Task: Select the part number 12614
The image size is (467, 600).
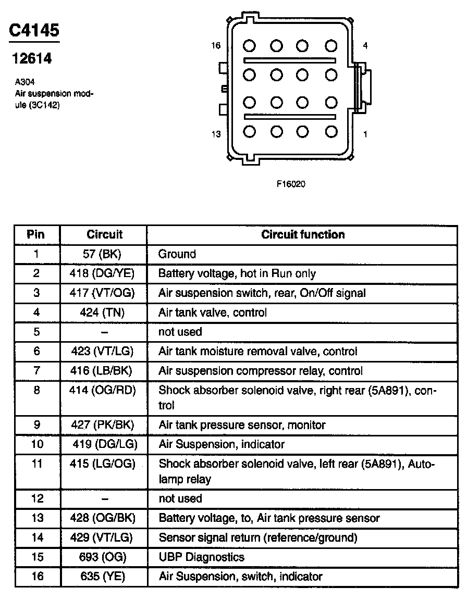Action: point(32,58)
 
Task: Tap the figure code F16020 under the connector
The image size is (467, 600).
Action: point(290,184)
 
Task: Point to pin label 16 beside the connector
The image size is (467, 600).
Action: point(216,46)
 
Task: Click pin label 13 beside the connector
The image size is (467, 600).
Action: point(216,134)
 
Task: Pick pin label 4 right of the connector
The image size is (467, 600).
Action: point(365,46)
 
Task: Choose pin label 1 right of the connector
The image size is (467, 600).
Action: point(365,134)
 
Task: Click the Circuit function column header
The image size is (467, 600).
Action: point(303,234)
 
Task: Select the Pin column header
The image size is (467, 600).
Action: point(35,234)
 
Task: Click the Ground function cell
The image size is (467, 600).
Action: point(177,254)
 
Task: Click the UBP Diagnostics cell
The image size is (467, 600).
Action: point(201,557)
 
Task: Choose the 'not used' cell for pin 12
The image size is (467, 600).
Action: point(180,498)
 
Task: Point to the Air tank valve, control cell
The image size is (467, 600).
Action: point(213,312)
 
